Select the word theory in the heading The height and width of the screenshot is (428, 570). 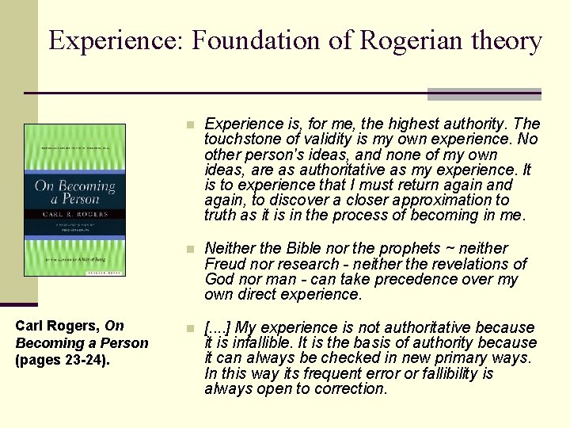(x=507, y=40)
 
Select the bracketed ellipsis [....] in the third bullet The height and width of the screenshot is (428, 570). (x=218, y=327)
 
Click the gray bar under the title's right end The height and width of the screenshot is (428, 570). (x=484, y=94)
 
